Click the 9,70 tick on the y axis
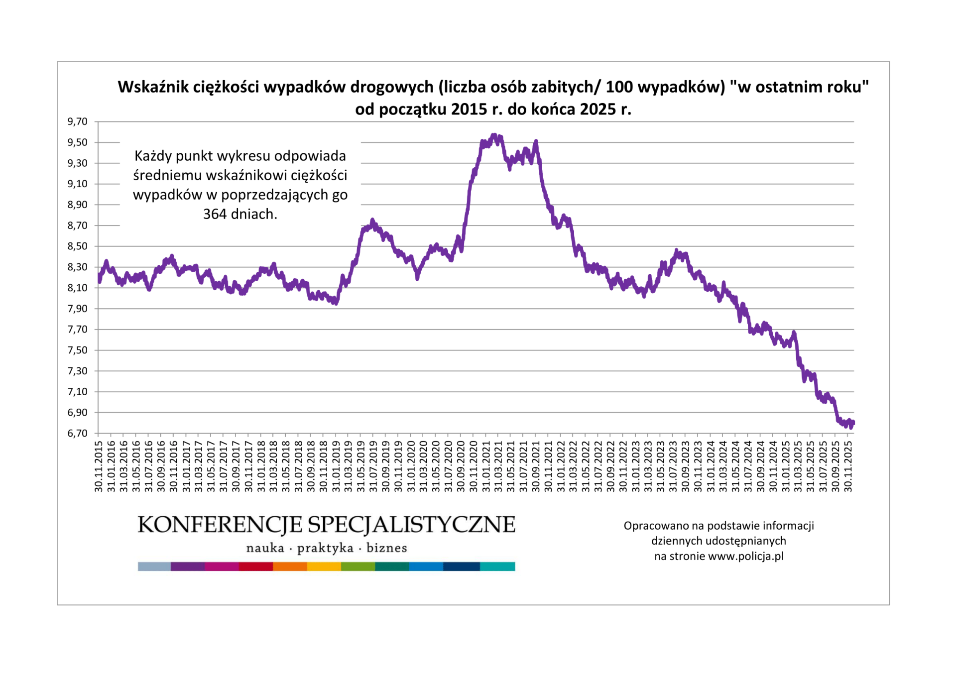77,121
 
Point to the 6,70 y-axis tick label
77,433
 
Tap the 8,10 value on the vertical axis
77,288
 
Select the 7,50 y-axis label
77,350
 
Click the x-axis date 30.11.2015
99,466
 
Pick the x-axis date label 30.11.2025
848,466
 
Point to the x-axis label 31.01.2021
486,466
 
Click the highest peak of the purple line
493,135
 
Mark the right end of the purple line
853,423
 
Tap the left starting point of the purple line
99,280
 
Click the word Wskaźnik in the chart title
153,87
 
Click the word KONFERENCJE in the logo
219,525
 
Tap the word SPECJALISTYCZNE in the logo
411,525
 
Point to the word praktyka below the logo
325,548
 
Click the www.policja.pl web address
745,556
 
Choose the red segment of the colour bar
256,566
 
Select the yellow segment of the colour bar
324,566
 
